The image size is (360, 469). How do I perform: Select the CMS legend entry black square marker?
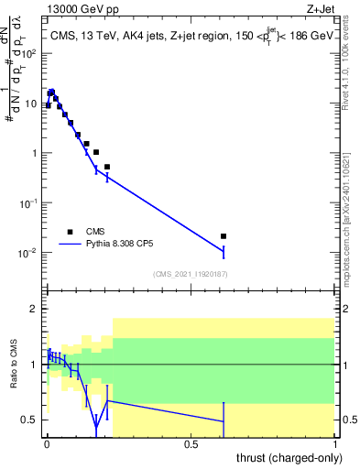click(70, 232)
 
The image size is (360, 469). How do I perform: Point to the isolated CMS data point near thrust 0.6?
click(223, 236)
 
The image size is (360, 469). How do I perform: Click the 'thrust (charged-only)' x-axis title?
click(288, 456)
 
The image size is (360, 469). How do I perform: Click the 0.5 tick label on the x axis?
click(191, 443)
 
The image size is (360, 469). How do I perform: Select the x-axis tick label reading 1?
click(336, 443)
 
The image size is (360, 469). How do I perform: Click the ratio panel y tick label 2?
click(37, 310)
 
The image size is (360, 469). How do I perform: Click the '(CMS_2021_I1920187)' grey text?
click(190, 274)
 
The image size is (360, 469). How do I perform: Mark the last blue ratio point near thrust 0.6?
click(223, 421)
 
